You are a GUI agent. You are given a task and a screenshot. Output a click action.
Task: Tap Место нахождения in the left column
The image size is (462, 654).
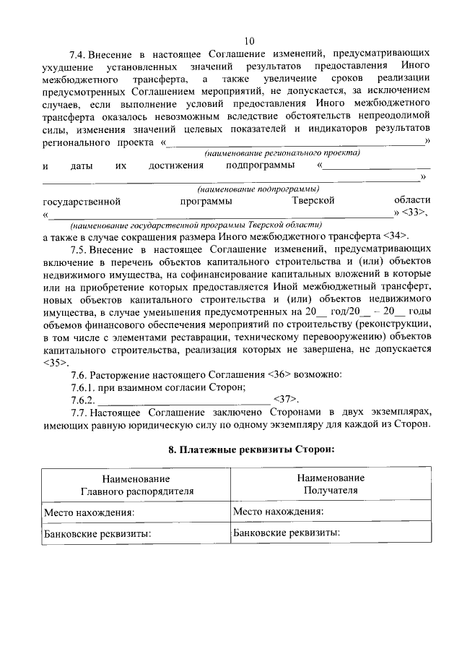[90, 512]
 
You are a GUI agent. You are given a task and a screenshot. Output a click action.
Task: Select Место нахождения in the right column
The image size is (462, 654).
[278, 512]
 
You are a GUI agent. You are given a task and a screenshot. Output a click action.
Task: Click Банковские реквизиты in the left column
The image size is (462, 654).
[97, 534]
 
